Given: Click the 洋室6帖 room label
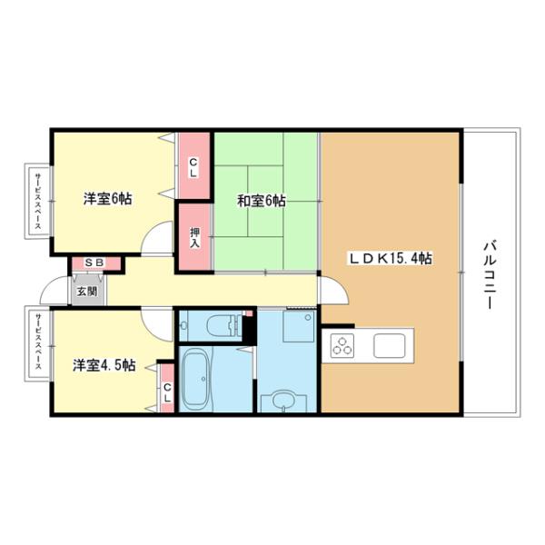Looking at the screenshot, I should click(x=107, y=198).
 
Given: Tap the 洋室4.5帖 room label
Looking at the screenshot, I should click(x=104, y=365).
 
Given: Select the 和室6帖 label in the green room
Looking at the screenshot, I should click(x=262, y=201).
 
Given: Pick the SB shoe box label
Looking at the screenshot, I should click(x=94, y=263).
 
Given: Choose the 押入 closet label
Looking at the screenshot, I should click(x=195, y=237).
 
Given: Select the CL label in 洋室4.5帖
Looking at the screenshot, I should click(x=167, y=391).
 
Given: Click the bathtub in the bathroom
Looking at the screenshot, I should click(x=197, y=381).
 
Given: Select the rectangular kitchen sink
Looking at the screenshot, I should click(x=392, y=346).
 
